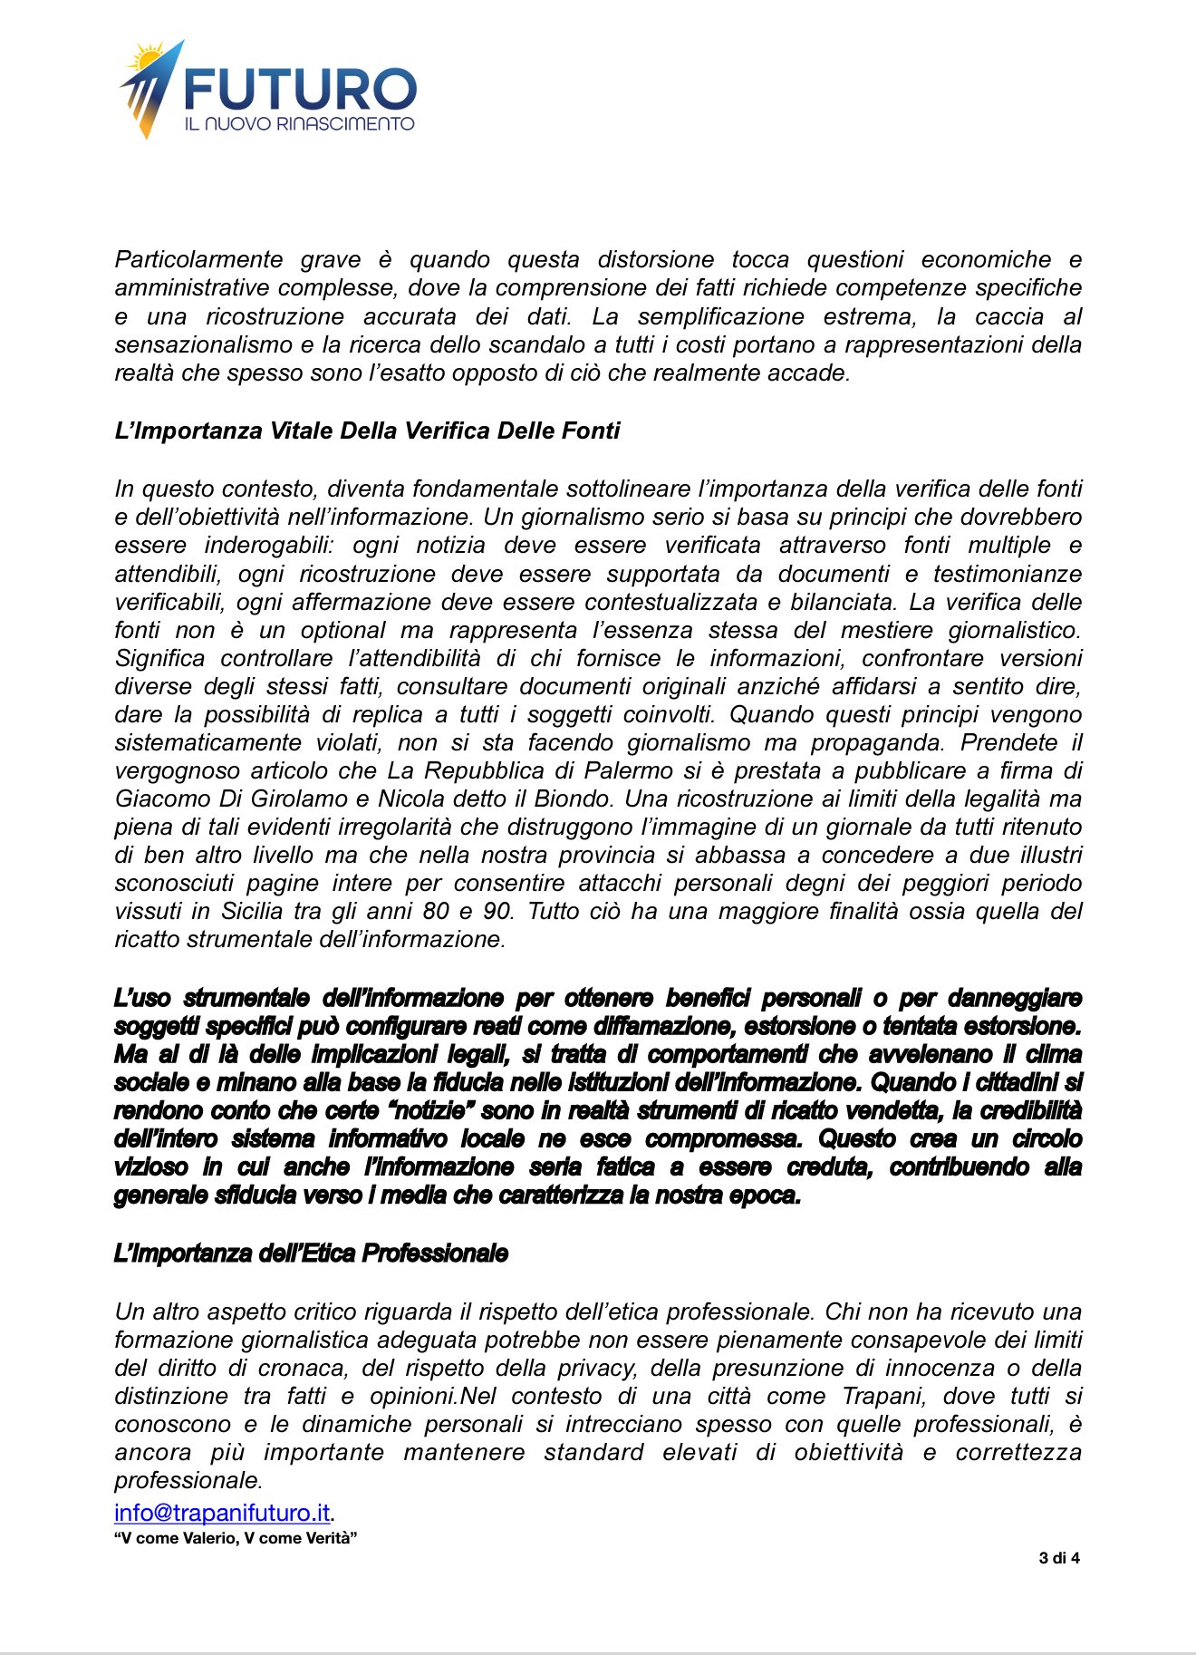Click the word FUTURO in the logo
[300, 90]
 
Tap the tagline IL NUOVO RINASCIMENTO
[299, 124]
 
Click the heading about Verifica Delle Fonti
[367, 431]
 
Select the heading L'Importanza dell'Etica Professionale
[311, 1253]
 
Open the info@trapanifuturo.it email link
[222, 1513]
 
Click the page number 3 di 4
[1059, 1558]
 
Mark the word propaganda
[876, 743]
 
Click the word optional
[353, 630]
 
